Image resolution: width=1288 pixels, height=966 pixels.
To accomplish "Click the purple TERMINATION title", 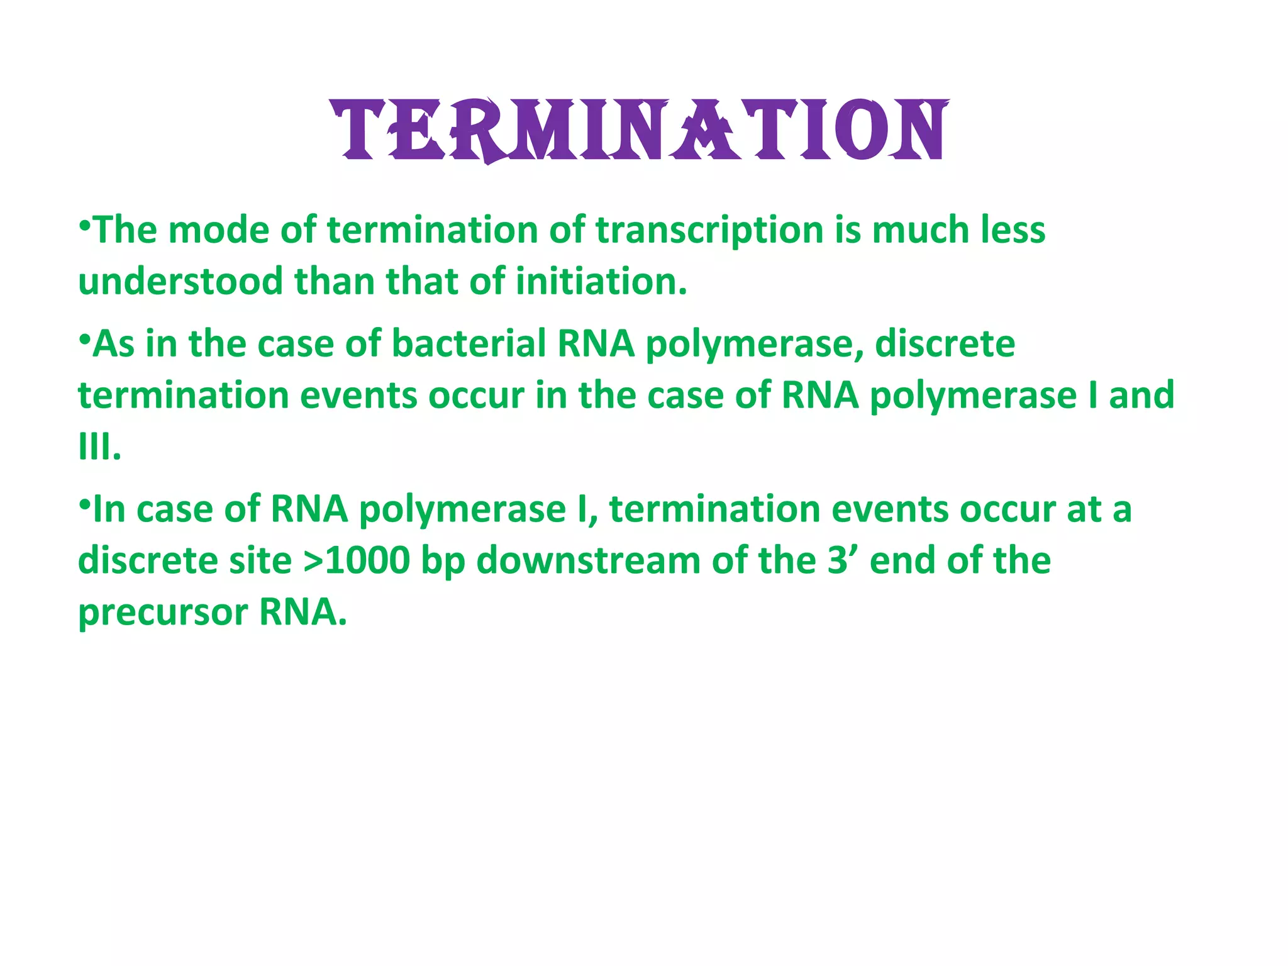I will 640,130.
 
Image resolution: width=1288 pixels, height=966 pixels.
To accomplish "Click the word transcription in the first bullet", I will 709,230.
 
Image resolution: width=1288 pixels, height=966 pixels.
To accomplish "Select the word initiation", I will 601,282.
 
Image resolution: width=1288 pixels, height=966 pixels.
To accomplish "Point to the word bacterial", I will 469,345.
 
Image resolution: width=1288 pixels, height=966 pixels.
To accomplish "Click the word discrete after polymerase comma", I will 945,345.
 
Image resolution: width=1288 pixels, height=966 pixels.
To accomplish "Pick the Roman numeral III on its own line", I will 99,447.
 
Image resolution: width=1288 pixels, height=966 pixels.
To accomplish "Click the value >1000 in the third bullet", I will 357,561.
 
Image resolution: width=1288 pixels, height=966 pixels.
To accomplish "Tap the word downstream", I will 588,561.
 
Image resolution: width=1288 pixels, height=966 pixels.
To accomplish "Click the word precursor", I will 163,613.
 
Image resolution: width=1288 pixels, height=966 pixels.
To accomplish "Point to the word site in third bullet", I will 260,561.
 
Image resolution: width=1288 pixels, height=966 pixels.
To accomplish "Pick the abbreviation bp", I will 443,562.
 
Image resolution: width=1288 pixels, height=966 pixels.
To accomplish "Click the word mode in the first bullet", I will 219,230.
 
